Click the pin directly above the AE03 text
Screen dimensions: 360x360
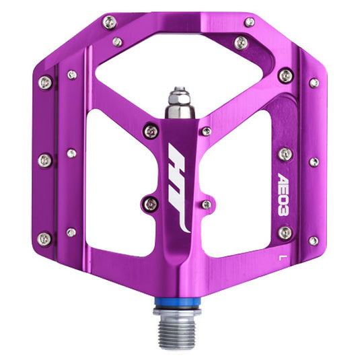[x=285, y=155]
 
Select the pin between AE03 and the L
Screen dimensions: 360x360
[x=285, y=232]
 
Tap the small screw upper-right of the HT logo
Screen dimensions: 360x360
[x=207, y=131]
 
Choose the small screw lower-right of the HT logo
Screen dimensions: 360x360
[x=206, y=204]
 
